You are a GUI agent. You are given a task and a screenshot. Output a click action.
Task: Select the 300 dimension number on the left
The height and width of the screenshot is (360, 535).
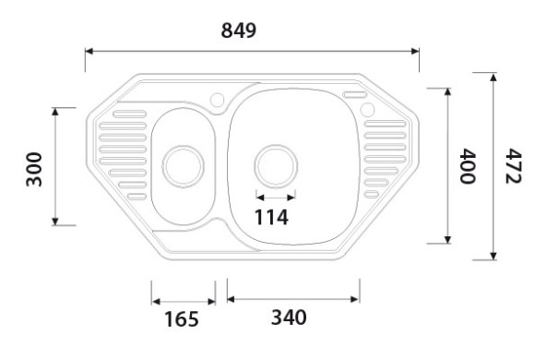click(34, 169)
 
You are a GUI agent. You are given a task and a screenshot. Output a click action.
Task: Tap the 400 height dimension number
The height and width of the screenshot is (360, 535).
click(468, 165)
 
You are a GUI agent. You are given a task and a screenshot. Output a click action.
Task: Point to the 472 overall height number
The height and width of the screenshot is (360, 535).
click(514, 165)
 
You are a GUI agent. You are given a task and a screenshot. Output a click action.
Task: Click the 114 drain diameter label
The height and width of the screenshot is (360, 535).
click(271, 218)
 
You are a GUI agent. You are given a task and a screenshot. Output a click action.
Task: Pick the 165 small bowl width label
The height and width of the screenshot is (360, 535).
click(181, 319)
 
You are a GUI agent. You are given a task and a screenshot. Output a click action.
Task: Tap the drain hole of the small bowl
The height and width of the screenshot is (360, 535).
click(183, 167)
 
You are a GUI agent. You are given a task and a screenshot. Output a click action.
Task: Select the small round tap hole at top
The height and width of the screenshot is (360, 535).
click(220, 99)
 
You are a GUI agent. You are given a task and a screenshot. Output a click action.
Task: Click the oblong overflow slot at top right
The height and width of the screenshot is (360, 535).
click(355, 95)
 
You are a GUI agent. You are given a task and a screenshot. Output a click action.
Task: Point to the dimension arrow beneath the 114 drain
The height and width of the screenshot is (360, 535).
click(276, 197)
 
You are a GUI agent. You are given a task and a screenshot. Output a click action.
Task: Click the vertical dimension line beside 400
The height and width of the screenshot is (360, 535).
click(448, 165)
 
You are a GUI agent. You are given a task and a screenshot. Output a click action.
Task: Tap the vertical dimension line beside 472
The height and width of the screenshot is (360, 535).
click(493, 165)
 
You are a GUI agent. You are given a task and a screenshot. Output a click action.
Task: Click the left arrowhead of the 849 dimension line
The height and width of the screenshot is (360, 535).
click(89, 52)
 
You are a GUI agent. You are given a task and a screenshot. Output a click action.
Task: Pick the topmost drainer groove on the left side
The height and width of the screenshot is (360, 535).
click(127, 114)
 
